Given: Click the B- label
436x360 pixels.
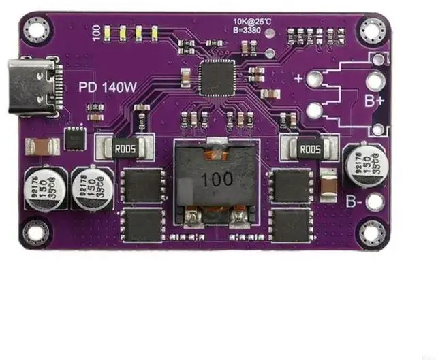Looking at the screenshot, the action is [x=353, y=201].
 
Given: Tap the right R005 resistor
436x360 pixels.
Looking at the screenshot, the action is [x=310, y=149].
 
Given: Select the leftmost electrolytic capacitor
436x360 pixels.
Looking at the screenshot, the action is [x=43, y=191].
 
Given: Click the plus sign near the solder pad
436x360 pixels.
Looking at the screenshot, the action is [x=298, y=78].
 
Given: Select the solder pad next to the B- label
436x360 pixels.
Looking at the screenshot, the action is [x=374, y=201].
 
